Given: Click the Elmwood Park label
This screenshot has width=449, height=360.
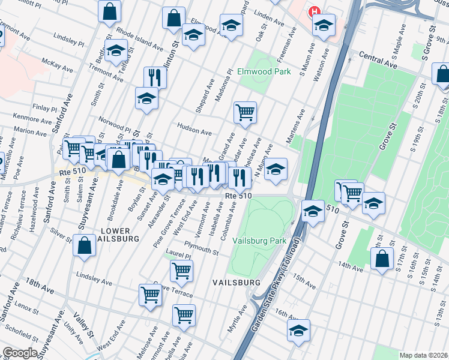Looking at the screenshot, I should [x=264, y=71].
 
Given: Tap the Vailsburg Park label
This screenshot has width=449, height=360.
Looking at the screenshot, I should [x=261, y=240].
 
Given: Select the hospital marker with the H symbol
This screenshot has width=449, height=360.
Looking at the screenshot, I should [x=313, y=11].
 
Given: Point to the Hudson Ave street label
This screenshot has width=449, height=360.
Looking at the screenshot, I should [x=194, y=127].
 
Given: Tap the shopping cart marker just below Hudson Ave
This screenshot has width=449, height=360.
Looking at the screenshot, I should [x=245, y=112].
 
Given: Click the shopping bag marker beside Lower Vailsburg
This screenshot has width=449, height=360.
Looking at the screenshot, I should [x=84, y=245].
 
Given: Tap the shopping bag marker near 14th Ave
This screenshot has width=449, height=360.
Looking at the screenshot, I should [x=382, y=259].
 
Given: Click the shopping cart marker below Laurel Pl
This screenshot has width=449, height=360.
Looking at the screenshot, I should [x=181, y=271].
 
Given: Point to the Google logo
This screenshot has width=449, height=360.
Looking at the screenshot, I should [x=20, y=353].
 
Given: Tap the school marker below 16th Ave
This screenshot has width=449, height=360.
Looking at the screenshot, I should [x=298, y=331].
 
